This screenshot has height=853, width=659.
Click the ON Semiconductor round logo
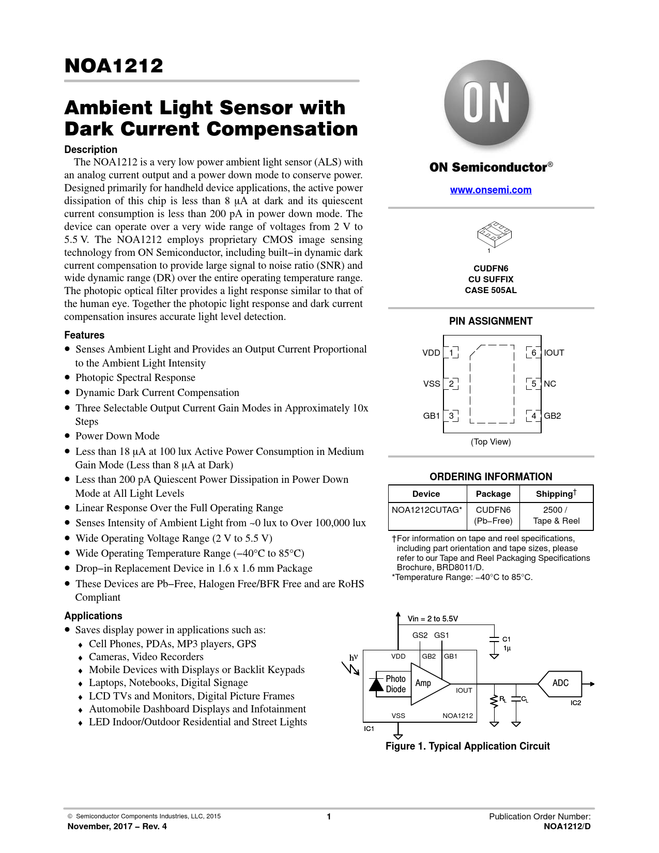pos(486,103)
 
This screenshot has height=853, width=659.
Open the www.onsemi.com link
pos(491,190)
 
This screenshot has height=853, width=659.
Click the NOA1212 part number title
pos(114,66)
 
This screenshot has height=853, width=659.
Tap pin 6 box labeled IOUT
pos(533,353)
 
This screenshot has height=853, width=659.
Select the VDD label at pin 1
pos(431,353)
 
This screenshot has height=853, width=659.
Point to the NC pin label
pos(550,384)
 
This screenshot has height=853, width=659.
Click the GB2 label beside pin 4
pos(552,416)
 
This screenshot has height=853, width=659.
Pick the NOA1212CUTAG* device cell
pos(427,510)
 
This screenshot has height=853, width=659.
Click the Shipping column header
pos(556,494)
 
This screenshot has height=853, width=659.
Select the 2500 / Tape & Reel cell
pos(556,515)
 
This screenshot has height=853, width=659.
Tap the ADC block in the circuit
pos(560,683)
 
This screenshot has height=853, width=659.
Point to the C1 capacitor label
pos(507,639)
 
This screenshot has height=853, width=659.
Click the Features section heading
pos(84,335)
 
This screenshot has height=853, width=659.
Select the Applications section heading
pos(93,616)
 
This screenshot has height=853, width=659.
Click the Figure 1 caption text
pos(467,746)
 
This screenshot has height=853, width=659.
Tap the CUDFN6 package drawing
pos(494,235)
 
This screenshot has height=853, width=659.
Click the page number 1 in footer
pos(329,816)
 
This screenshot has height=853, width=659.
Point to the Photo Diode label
pos(395,683)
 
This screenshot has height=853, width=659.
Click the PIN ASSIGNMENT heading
pos(491,321)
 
